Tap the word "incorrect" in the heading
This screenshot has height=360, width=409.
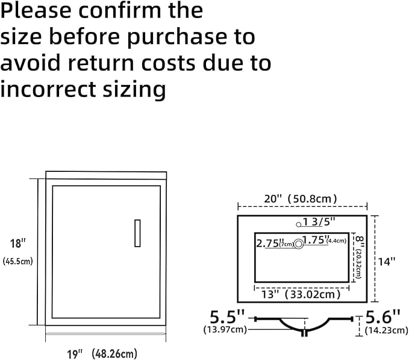click(x=48, y=89)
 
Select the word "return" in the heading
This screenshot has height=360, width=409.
click(x=101, y=63)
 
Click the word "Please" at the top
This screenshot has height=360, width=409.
click(x=36, y=11)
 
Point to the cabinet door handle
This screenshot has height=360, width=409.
click(x=137, y=233)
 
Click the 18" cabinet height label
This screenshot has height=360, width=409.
click(x=17, y=244)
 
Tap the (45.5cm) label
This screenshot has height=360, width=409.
click(x=18, y=261)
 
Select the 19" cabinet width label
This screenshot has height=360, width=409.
click(x=75, y=354)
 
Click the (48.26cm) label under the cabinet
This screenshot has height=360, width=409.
click(x=114, y=354)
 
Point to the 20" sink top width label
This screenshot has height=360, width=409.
click(x=273, y=199)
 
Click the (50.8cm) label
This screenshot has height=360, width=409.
click(x=312, y=199)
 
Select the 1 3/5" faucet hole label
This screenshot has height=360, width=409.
click(x=319, y=222)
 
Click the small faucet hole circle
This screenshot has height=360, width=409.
click(x=299, y=224)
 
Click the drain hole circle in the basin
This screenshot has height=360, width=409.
click(x=299, y=244)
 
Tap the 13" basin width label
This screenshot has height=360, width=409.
click(x=270, y=294)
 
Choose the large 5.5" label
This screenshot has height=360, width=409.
click(x=228, y=317)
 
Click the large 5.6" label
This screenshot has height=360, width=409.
click(x=382, y=317)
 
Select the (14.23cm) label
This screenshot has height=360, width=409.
click(x=386, y=330)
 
